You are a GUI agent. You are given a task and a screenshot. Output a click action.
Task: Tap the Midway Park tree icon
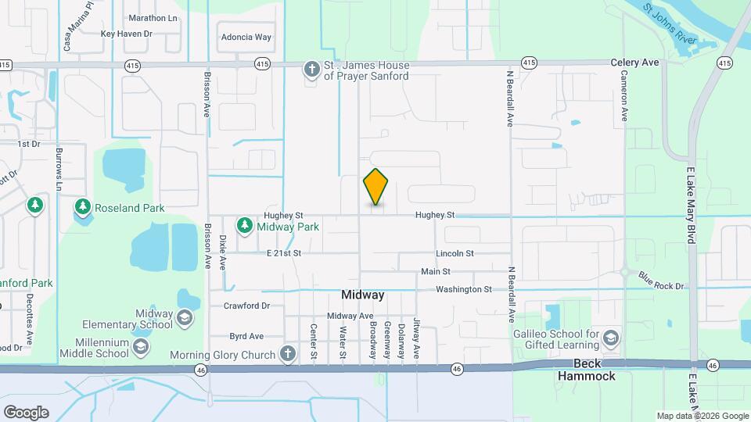[245, 226]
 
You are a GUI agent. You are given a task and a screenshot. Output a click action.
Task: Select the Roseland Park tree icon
[82, 207]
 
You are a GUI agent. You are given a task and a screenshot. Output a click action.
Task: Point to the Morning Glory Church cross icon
[287, 354]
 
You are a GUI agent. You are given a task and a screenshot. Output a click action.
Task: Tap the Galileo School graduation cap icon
[611, 339]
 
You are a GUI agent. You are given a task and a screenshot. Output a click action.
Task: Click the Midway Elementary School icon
[183, 319]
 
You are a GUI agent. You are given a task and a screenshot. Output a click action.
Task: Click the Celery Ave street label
[635, 63]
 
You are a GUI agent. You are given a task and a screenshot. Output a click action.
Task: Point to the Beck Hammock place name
[587, 370]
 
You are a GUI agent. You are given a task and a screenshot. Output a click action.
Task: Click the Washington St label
[464, 289]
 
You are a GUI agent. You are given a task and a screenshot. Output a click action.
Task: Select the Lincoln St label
[455, 253]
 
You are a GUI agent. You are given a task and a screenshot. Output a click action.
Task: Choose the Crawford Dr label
[246, 306]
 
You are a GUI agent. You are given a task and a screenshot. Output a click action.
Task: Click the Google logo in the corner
[26, 412]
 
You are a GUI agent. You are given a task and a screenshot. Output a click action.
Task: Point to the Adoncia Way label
[246, 37]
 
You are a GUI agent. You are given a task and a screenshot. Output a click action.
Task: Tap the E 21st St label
[283, 253]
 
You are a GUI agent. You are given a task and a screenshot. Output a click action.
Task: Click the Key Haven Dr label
[126, 34]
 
